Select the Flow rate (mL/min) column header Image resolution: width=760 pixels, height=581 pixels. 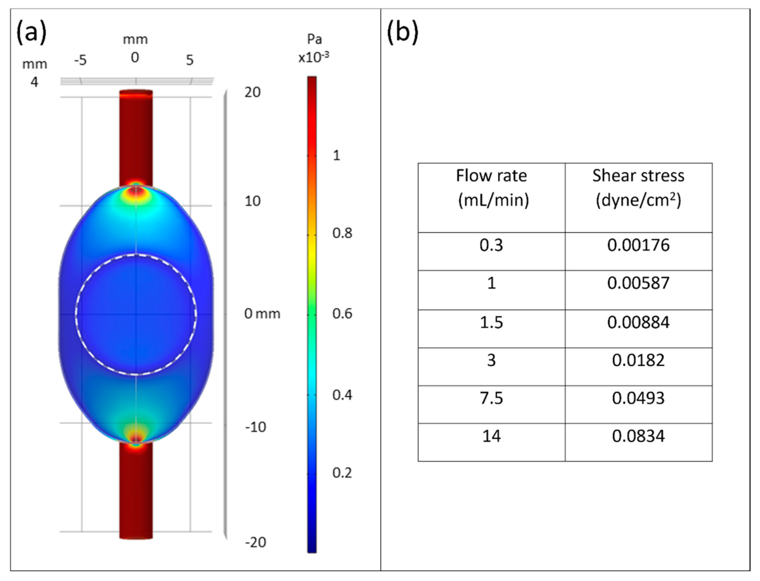(491, 188)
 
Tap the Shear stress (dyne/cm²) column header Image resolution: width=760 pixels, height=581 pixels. (638, 188)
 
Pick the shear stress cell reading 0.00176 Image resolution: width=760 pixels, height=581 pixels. (638, 246)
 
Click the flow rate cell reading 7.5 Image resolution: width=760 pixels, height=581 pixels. (491, 398)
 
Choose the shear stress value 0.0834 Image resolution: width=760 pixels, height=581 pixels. (638, 436)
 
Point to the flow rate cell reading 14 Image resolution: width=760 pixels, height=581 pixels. (491, 436)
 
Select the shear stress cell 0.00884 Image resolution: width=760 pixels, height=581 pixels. (638, 322)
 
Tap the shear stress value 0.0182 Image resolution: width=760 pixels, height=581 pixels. (638, 360)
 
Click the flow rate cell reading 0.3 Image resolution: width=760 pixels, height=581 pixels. (491, 246)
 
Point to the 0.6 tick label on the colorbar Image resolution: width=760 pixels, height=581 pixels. (342, 314)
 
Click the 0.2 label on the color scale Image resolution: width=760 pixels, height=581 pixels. (342, 473)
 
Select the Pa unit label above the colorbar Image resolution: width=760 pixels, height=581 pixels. (314, 39)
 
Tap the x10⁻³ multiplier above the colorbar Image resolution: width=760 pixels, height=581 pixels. (314, 57)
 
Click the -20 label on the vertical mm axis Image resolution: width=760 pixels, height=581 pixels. (255, 542)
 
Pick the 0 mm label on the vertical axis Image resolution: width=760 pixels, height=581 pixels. (262, 314)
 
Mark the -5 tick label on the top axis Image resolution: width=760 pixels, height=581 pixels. (80, 60)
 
